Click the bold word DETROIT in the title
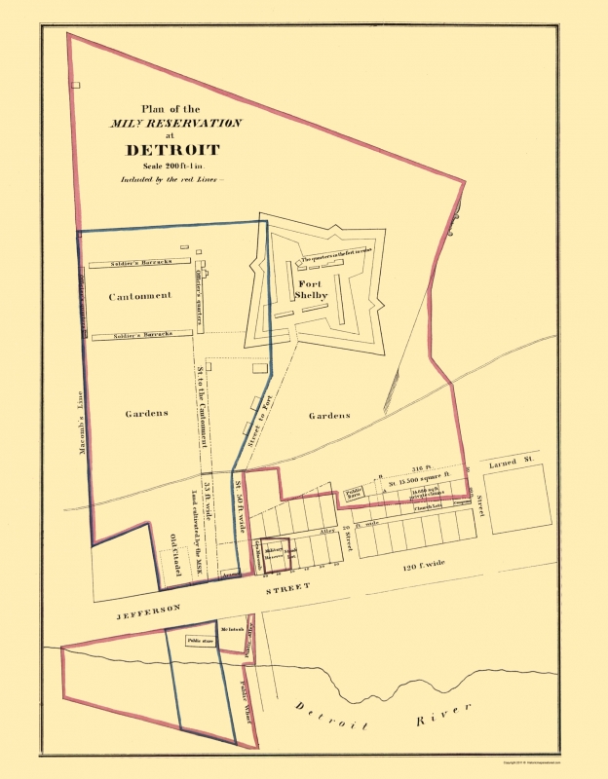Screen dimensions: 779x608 [x=171, y=150]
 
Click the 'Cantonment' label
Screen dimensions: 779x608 [x=140, y=296]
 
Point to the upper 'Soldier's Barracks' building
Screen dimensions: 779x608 [x=131, y=263]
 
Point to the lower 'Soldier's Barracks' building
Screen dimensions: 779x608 [x=136, y=335]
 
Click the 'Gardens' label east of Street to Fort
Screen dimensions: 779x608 [x=328, y=415]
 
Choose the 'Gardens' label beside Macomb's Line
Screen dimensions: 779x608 [x=146, y=413]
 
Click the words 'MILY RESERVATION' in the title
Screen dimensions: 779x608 [x=175, y=124]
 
